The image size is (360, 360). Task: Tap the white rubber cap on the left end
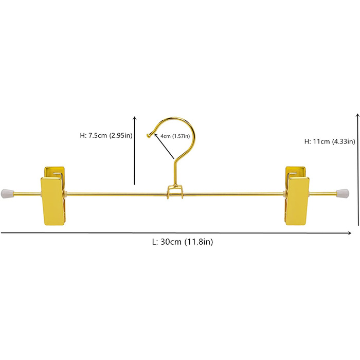(x=7, y=193)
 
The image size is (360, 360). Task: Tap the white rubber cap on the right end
(x=343, y=193)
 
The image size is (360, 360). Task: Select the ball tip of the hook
(x=148, y=136)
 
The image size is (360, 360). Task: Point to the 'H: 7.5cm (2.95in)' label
(x=106, y=135)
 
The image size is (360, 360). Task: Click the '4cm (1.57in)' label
(x=175, y=136)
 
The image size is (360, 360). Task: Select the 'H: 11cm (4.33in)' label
(x=330, y=141)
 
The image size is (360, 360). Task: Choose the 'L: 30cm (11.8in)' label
(x=183, y=242)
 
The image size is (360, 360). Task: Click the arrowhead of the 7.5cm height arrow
(x=135, y=118)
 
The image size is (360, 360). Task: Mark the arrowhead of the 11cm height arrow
(x=357, y=115)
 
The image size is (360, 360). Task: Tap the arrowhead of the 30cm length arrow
(x=349, y=233)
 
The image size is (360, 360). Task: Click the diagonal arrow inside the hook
(x=165, y=147)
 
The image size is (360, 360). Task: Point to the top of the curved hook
(x=175, y=118)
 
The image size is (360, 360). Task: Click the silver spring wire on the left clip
(x=59, y=175)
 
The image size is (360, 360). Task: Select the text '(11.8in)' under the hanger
(x=199, y=242)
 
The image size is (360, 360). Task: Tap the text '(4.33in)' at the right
(x=344, y=141)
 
